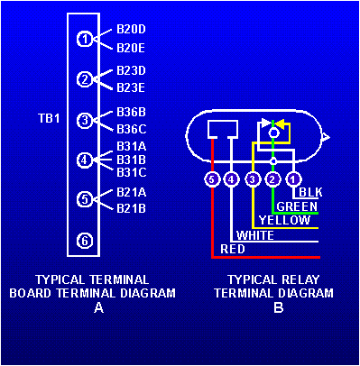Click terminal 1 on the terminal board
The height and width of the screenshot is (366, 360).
pyautogui.click(x=84, y=39)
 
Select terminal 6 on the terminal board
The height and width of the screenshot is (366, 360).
pyautogui.click(x=84, y=240)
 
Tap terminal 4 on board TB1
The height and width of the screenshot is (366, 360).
pyautogui.click(x=84, y=160)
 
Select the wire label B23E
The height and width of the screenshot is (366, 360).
pyautogui.click(x=131, y=87)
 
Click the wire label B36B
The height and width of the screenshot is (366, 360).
pyautogui.click(x=131, y=112)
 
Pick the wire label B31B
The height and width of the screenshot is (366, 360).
pyautogui.click(x=131, y=160)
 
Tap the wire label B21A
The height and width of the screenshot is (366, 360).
pyautogui.click(x=131, y=191)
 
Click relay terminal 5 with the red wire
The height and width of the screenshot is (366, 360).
pyautogui.click(x=211, y=179)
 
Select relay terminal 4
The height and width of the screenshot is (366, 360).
pyautogui.click(x=232, y=179)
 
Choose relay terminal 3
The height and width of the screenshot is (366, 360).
pyautogui.click(x=253, y=179)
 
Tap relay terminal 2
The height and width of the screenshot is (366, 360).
pyautogui.click(x=273, y=179)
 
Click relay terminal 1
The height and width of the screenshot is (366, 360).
pyautogui.click(x=294, y=179)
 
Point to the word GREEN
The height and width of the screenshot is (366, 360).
pyautogui.click(x=297, y=206)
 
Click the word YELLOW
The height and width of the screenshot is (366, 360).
pyautogui.click(x=279, y=220)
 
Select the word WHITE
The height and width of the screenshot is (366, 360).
pyautogui.click(x=255, y=234)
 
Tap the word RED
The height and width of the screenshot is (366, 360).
pyautogui.click(x=233, y=249)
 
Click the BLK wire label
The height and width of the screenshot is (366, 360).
pyautogui.click(x=310, y=193)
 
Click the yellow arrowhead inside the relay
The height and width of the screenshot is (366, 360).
pyautogui.click(x=281, y=124)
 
